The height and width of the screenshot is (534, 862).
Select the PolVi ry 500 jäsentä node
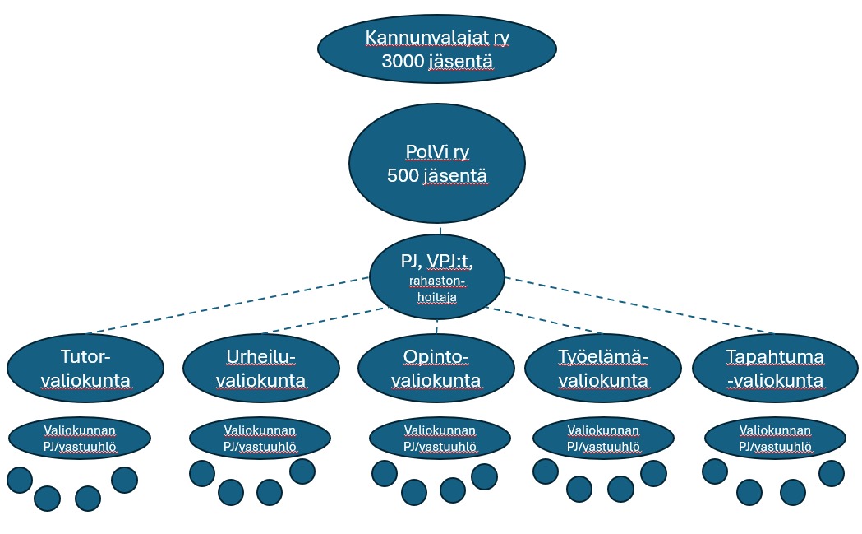436,164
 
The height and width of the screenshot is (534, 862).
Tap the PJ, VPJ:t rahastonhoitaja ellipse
436,275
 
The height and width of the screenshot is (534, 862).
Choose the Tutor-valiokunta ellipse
85,368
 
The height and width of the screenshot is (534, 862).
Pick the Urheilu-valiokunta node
260,368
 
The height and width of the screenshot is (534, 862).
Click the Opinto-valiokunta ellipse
436,368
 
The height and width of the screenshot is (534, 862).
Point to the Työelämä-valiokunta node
602,368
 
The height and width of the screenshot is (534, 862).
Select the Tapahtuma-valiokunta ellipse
775,368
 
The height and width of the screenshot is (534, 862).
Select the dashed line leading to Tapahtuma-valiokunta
641,306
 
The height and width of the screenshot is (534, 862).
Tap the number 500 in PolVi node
402,176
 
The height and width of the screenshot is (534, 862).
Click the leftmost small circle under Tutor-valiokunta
20,480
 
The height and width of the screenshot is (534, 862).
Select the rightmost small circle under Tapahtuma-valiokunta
832,473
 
